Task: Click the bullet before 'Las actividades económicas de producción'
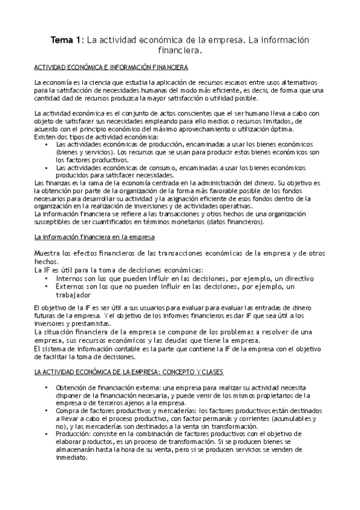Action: (x=47, y=144)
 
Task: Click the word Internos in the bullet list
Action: (x=71, y=279)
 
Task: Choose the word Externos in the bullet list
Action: (x=72, y=287)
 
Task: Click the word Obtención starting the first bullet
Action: (x=73, y=388)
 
